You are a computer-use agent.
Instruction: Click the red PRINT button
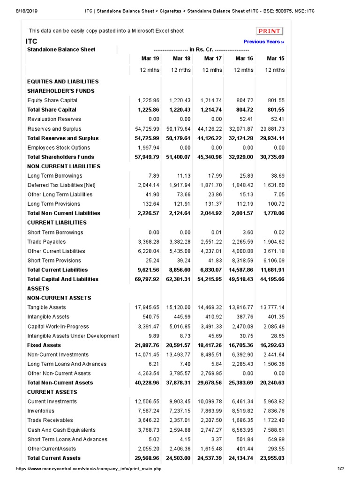[x=270, y=31]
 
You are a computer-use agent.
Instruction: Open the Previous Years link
[x=264, y=42]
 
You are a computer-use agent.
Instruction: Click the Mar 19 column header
[x=150, y=59]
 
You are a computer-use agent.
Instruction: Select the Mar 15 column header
[x=275, y=59]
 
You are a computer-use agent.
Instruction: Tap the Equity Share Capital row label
[x=52, y=100]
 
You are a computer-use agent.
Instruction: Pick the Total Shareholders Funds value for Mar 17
[x=210, y=157]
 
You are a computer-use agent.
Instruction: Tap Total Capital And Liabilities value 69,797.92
[x=147, y=279]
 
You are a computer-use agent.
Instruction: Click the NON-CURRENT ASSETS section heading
[x=59, y=298]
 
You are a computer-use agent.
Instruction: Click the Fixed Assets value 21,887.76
[x=147, y=345]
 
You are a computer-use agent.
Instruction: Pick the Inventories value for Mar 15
[x=274, y=411]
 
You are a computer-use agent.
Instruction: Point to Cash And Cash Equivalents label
[x=61, y=430]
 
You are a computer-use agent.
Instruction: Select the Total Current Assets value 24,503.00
[x=178, y=458]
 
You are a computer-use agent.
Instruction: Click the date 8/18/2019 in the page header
[x=16, y=10]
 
